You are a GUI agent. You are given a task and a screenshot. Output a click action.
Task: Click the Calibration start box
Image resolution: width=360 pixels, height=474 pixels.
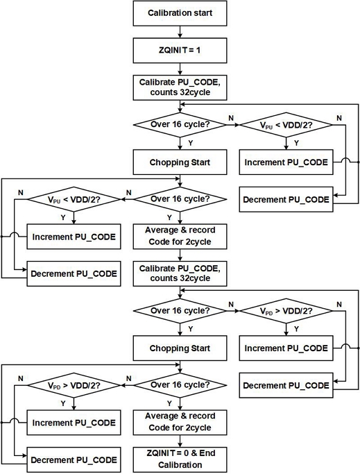click(x=180, y=12)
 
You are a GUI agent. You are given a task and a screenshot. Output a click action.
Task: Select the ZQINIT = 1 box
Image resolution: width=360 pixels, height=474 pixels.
click(x=180, y=50)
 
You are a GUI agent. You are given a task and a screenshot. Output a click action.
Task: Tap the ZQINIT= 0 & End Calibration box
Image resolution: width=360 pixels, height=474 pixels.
click(x=180, y=459)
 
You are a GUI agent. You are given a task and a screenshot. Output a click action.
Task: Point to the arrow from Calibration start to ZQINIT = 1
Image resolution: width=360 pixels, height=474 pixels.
click(x=180, y=31)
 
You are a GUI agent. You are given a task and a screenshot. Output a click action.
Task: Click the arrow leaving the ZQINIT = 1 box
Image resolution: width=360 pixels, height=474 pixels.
click(x=180, y=68)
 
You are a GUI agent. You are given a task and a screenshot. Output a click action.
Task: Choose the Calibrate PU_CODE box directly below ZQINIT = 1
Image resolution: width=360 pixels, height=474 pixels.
click(x=180, y=87)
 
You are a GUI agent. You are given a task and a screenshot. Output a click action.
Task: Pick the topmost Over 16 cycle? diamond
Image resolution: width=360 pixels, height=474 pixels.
click(x=180, y=126)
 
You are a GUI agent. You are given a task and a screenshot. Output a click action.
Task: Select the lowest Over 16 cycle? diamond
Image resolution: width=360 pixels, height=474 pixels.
click(x=180, y=382)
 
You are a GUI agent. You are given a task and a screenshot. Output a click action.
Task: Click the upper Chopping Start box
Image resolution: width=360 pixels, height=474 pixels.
click(x=180, y=163)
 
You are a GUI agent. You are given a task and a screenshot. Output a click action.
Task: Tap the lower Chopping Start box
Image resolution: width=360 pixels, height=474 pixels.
click(x=180, y=347)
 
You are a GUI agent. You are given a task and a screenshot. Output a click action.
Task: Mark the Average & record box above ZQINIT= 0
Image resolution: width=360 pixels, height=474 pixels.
click(x=180, y=421)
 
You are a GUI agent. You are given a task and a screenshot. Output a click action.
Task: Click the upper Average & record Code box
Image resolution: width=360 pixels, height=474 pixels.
click(x=180, y=237)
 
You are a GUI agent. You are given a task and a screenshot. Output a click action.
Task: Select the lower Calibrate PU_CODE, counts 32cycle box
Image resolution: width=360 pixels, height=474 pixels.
click(x=180, y=273)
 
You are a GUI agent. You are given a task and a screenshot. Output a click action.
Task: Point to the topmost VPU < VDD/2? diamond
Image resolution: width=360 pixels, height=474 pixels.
click(x=286, y=126)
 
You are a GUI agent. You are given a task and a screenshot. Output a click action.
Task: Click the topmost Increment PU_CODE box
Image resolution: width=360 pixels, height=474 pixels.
click(x=286, y=163)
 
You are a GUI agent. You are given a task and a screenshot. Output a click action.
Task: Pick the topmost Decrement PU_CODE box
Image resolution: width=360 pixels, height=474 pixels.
click(x=286, y=200)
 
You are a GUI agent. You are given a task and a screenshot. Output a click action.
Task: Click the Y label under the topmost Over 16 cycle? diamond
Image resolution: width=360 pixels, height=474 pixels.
click(x=189, y=144)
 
